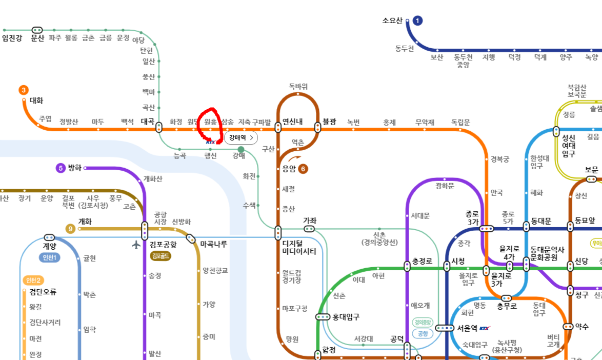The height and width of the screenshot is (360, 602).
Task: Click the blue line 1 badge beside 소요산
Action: pyautogui.click(x=418, y=21)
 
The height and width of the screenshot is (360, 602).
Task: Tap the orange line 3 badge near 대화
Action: pyautogui.click(x=24, y=90)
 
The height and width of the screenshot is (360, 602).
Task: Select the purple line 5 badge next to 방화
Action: pyautogui.click(x=61, y=168)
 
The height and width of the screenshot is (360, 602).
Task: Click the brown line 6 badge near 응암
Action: pyautogui.click(x=303, y=168)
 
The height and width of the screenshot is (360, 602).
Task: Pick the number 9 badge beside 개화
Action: pyautogui.click(x=70, y=228)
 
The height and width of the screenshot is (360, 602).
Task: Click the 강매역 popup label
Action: pyautogui.click(x=240, y=137)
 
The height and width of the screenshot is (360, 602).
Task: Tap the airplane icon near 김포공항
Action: pyautogui.click(x=136, y=245)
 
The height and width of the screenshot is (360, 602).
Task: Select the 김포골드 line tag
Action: pyautogui.click(x=161, y=256)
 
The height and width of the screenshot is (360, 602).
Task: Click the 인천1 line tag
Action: pyautogui.click(x=50, y=257)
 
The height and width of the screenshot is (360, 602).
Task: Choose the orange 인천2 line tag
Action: pyautogui.click(x=33, y=280)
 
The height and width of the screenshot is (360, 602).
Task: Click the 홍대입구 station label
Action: pyautogui.click(x=346, y=317)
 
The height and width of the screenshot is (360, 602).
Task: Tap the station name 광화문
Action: pyautogui.click(x=445, y=186)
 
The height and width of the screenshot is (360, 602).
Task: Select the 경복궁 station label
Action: pyautogui.click(x=499, y=159)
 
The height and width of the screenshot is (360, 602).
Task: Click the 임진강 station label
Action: pyautogui.click(x=12, y=38)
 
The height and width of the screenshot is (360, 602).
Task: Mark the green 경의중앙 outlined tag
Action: pyautogui.click(x=423, y=322)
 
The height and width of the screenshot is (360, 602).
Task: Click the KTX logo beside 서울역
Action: pyautogui.click(x=485, y=328)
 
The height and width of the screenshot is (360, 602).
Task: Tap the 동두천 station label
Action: pyautogui.click(x=405, y=48)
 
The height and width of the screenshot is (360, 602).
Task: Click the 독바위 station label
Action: pyautogui.click(x=298, y=86)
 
